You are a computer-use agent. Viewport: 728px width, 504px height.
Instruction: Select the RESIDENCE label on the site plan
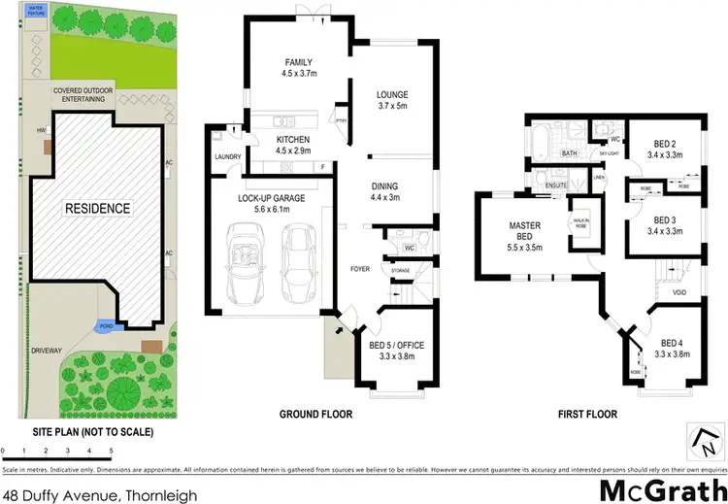97,209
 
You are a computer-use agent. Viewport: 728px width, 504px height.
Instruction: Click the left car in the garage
244,264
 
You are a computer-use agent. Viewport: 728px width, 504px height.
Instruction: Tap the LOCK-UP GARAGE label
272,204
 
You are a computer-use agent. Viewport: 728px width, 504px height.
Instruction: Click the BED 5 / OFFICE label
397,351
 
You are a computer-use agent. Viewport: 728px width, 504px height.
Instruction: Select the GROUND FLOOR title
315,415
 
